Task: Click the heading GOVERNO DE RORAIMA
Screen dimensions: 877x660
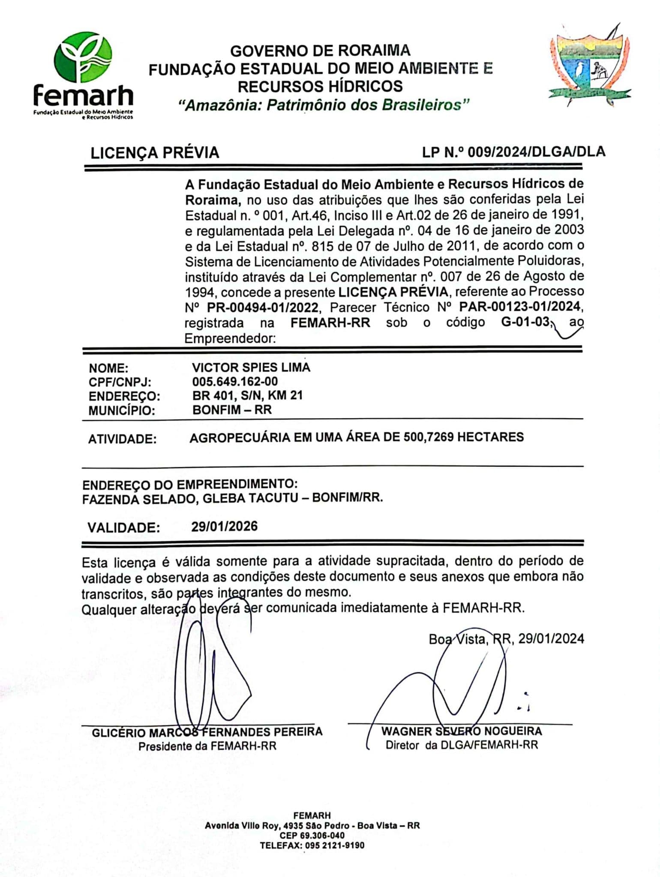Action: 320,51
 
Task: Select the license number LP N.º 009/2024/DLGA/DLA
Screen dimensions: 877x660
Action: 513,152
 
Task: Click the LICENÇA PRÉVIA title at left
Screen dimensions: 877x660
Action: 155,153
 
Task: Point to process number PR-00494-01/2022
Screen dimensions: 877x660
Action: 262,307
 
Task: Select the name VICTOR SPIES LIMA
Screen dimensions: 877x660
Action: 251,367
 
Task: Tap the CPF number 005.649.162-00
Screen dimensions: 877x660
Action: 235,381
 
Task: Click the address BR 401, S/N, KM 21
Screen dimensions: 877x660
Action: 247,395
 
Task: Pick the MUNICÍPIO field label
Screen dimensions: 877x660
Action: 122,410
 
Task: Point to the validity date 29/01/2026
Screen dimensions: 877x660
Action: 224,526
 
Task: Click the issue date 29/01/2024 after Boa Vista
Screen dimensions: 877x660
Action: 551,638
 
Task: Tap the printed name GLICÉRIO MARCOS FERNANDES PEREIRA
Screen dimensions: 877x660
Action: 207,732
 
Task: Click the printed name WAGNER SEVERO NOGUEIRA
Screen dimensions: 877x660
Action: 462,731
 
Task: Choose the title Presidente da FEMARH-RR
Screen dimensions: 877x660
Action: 207,746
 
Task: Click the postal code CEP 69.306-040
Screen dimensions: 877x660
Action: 312,835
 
